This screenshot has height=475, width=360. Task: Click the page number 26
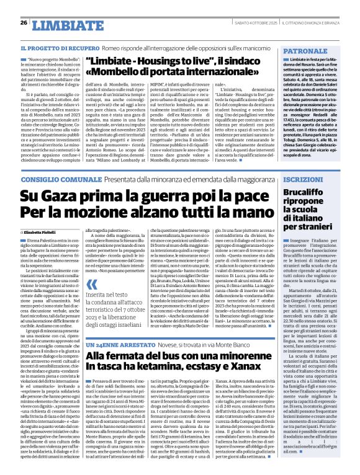[x=24, y=23]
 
